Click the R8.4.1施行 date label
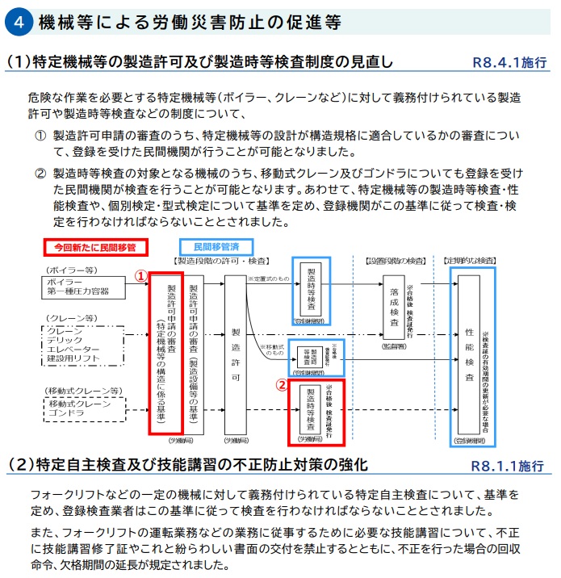tap(508, 62)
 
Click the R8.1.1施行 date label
tap(508, 467)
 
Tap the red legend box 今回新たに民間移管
tap(94, 245)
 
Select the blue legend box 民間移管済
tap(215, 245)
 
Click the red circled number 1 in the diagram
tap(140, 274)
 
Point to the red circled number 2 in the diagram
tap(282, 385)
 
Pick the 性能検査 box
tap(469, 354)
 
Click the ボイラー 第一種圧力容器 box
tap(84, 286)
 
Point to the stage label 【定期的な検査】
tap(471, 261)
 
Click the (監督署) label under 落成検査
tap(394, 345)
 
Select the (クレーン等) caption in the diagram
tap(71, 317)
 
